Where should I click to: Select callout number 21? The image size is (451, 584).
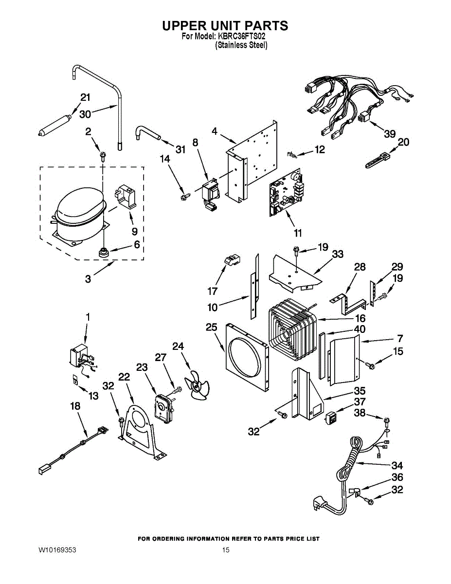[x=85, y=97]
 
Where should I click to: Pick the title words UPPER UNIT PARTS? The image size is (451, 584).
[x=225, y=25]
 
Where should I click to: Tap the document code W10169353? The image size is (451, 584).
[x=57, y=550]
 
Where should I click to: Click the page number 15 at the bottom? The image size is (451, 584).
[x=225, y=550]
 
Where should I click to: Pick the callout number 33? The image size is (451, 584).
[x=338, y=254]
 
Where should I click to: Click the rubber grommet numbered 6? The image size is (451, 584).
[x=104, y=252]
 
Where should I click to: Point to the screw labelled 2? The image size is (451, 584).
[x=103, y=155]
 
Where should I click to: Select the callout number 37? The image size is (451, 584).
[x=360, y=402]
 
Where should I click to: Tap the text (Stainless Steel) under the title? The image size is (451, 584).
[x=241, y=45]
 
